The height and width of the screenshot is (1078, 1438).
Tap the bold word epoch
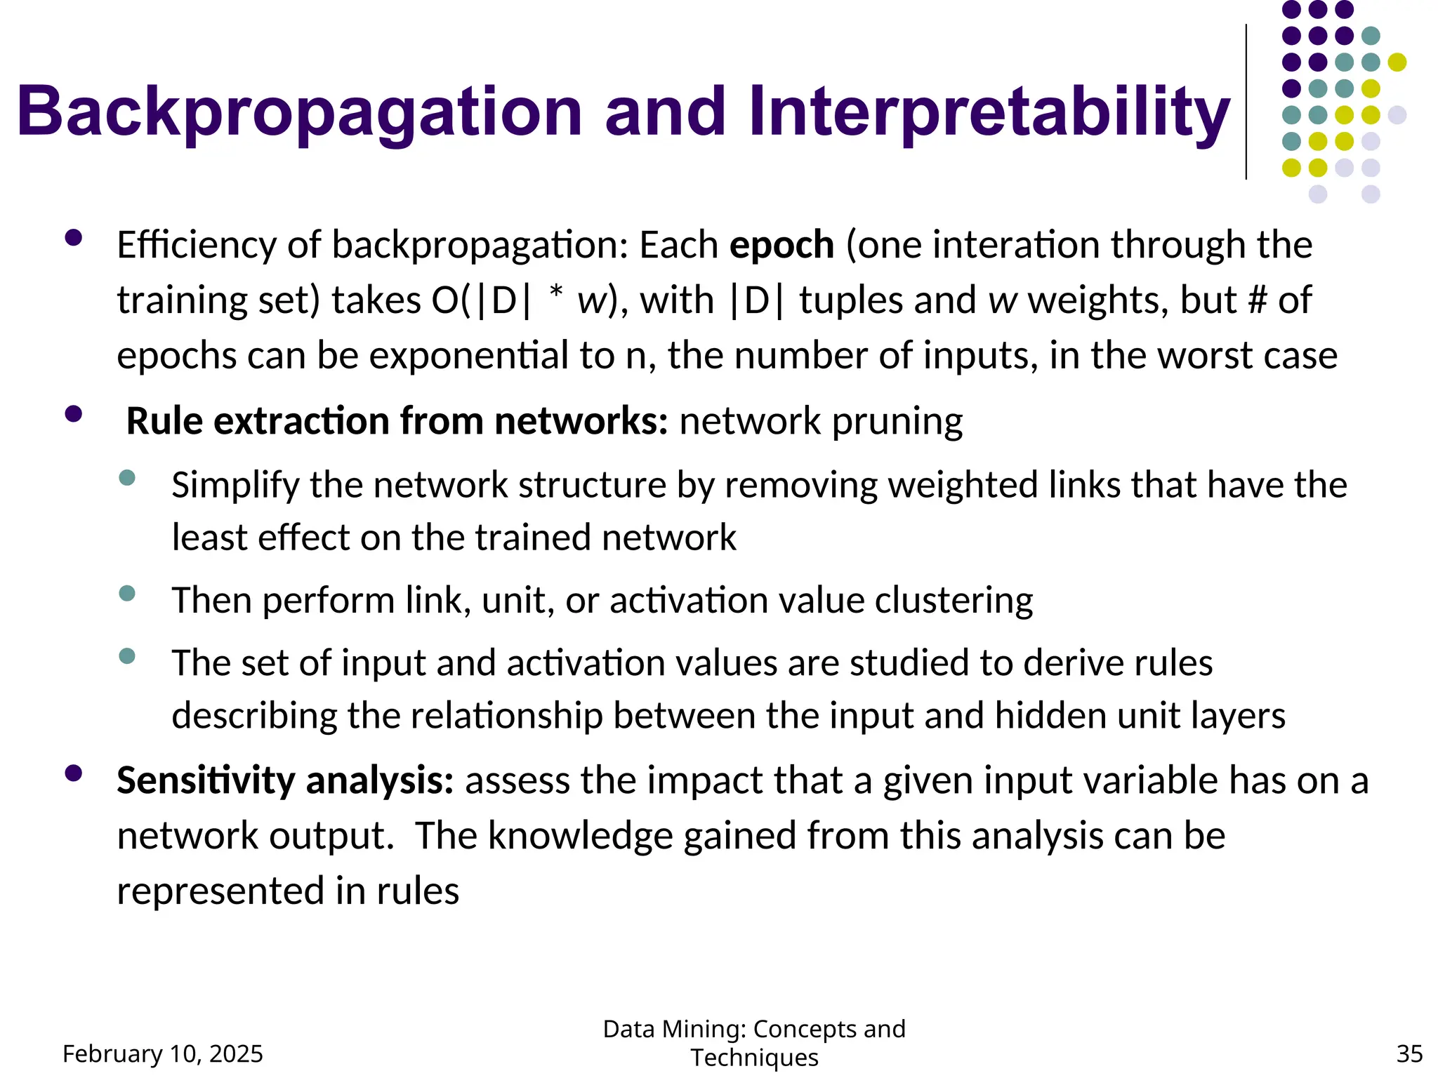tap(781, 246)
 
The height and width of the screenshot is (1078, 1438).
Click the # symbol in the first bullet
tap(1258, 300)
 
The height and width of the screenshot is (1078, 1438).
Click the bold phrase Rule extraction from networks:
tap(397, 422)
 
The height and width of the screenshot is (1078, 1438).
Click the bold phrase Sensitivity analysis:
tap(285, 781)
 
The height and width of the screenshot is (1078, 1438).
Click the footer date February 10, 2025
tap(163, 1053)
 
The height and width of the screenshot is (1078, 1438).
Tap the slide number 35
tap(1409, 1053)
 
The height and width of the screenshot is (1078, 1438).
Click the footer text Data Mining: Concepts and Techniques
tap(754, 1042)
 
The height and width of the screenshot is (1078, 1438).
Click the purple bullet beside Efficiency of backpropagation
tap(73, 238)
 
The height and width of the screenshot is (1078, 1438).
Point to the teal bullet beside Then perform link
tap(127, 594)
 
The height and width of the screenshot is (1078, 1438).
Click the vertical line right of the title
tap(1246, 102)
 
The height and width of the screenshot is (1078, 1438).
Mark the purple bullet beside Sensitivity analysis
tap(73, 773)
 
